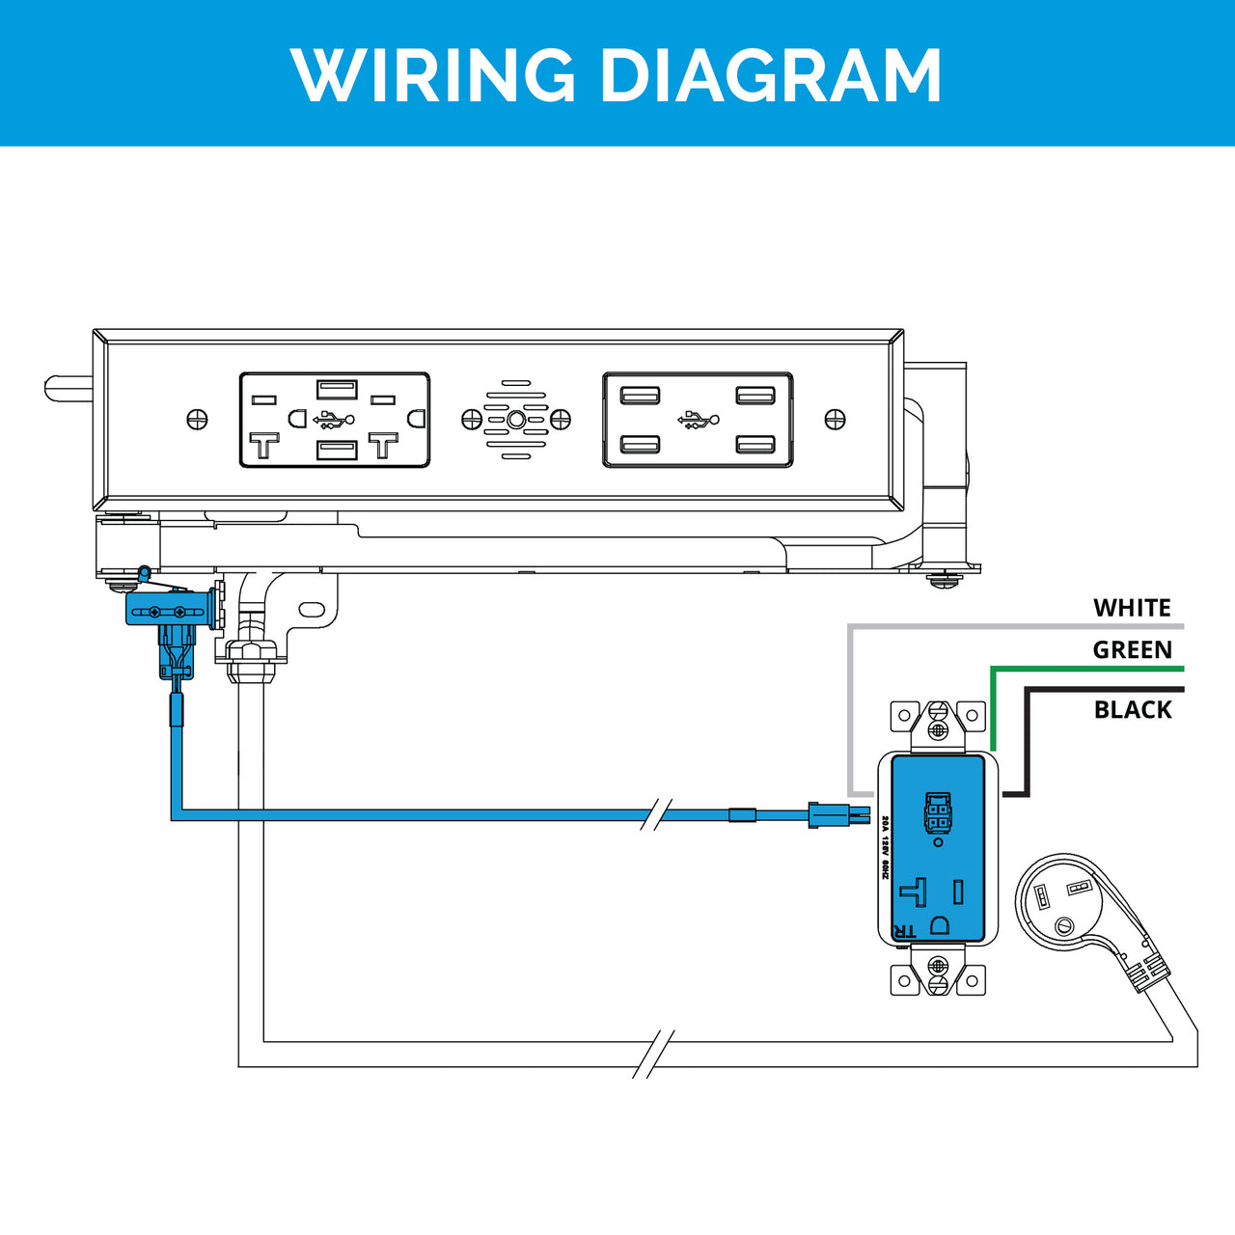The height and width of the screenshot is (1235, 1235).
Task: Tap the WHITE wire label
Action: (x=1132, y=608)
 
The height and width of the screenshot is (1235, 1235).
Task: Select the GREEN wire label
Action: (x=1132, y=650)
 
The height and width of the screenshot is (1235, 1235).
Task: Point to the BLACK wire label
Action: (x=1133, y=710)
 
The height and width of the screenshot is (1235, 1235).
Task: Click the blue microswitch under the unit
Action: (x=166, y=610)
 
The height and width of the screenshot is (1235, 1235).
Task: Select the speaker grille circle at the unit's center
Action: (x=516, y=420)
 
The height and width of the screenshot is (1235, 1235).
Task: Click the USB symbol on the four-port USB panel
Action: (x=698, y=420)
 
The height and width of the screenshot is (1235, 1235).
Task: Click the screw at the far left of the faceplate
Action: (x=197, y=420)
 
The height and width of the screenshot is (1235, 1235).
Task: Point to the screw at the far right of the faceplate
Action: (x=836, y=420)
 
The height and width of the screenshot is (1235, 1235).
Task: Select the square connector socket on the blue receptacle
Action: (x=938, y=812)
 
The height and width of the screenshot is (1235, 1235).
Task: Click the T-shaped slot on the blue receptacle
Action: (x=915, y=891)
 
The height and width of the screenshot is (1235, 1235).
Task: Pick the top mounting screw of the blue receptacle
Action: (x=938, y=730)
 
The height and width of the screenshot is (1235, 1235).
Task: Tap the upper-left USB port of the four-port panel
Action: (x=641, y=396)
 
